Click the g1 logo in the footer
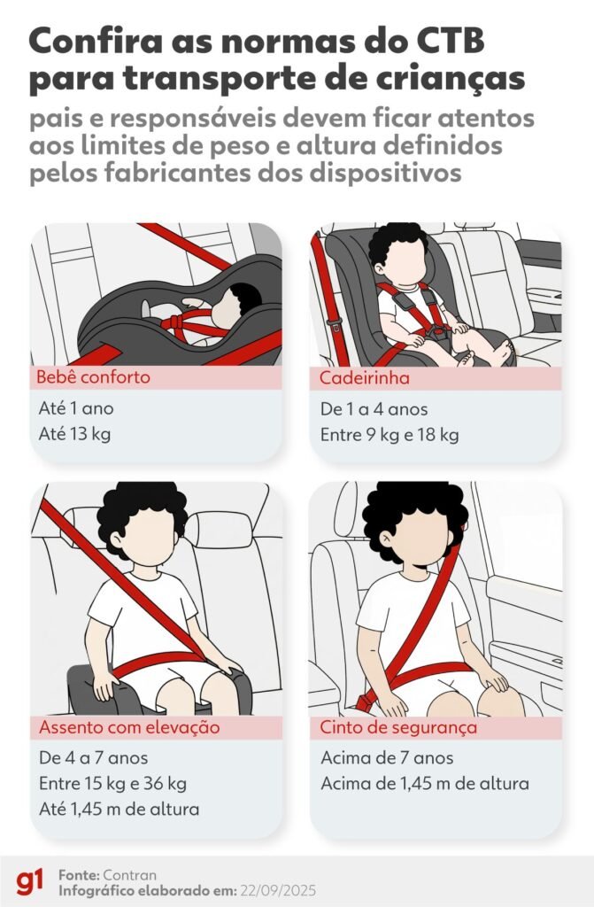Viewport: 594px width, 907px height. coord(31,881)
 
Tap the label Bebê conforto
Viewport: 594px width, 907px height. coord(93,377)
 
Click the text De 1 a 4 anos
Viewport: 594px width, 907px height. coord(374,409)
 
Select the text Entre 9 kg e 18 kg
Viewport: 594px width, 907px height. coord(390,435)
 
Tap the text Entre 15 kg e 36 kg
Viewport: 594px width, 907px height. coord(112,784)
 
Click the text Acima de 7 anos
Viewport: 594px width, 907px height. coord(388,758)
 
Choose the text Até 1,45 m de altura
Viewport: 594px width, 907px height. coord(119,809)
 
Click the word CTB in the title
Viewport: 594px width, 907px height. coord(443,42)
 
